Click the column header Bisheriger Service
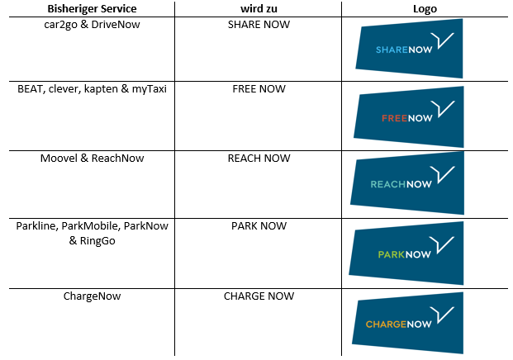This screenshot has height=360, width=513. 91,9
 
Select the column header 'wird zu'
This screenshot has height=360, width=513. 259,9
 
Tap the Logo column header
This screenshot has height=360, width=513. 425,9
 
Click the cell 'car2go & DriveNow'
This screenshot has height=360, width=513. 91,24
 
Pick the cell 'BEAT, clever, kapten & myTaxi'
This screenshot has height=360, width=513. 91,89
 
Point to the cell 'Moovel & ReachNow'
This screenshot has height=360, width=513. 91,158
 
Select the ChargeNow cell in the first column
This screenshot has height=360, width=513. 91,296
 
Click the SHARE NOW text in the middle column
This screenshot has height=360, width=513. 259,24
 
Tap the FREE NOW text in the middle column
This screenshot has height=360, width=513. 259,89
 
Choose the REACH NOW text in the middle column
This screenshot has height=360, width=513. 259,158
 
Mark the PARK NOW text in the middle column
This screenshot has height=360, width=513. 259,225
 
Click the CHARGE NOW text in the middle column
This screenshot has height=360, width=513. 259,296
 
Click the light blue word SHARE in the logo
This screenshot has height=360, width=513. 390,51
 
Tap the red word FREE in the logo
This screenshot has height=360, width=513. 393,119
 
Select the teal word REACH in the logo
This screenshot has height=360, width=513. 387,184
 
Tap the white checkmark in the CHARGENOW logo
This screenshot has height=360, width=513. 445,314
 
